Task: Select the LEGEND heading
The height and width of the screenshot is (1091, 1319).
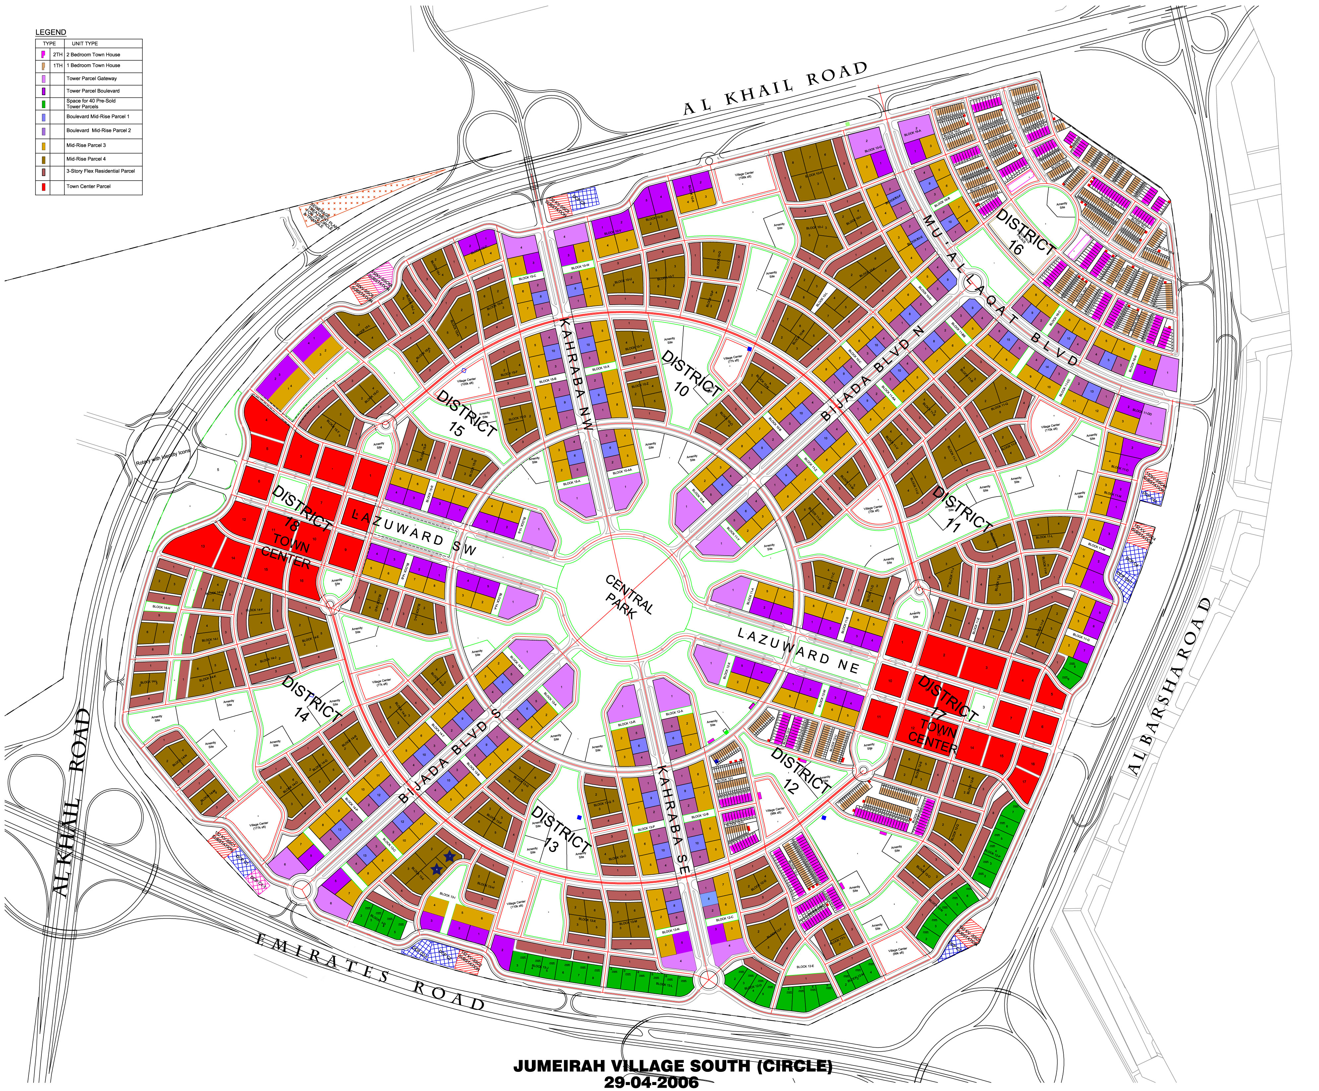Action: (x=50, y=32)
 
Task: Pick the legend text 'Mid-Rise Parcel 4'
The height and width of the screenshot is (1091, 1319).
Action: (x=86, y=159)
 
